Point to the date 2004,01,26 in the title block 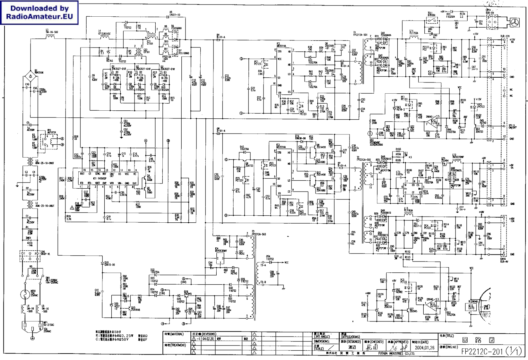coord(424,347)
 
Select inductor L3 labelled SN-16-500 coord(51,32)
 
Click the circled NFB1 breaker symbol coord(25,294)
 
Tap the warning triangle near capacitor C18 coord(72,208)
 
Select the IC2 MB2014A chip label coord(281,46)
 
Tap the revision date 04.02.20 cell coord(208,339)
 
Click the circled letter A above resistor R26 coord(146,141)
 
